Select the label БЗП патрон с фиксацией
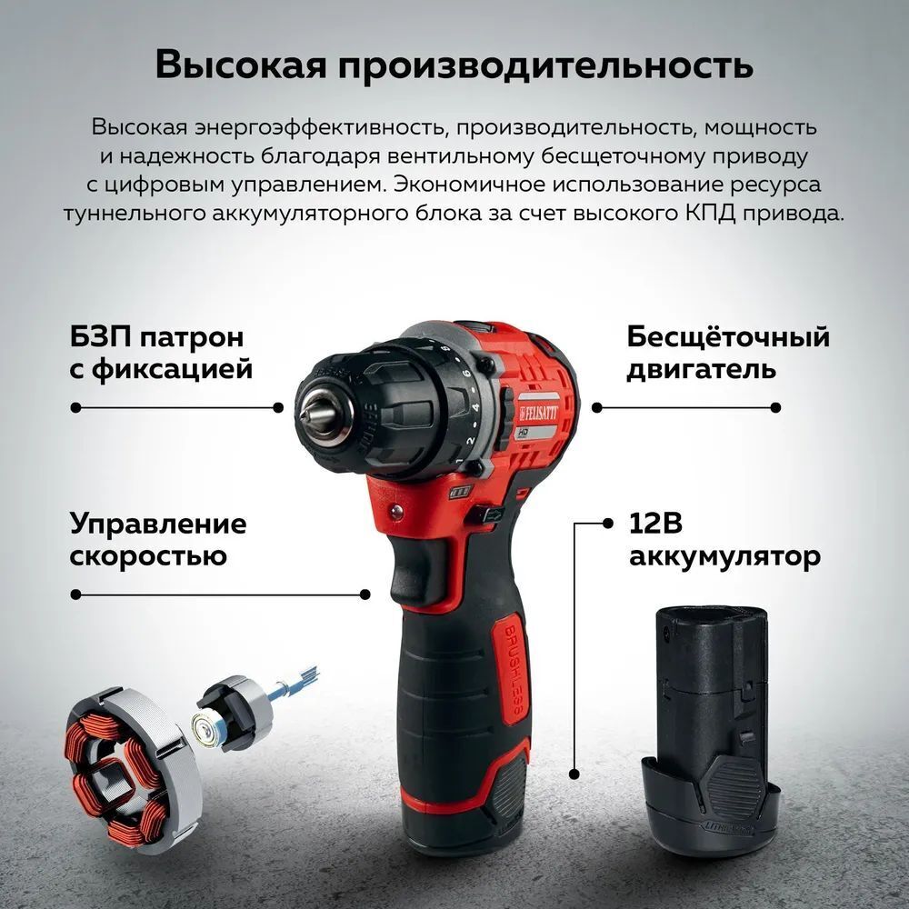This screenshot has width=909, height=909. click(161, 353)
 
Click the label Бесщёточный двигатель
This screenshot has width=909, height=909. click(727, 353)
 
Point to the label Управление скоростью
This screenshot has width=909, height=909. click(157, 539)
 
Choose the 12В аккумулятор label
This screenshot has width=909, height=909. click(724, 540)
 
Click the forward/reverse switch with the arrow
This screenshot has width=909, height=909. click(489, 514)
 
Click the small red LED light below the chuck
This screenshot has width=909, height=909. click(397, 510)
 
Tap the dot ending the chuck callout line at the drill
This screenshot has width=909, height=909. click(278, 407)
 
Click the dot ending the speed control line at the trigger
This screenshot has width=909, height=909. click(365, 594)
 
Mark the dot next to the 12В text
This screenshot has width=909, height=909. click(607, 524)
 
